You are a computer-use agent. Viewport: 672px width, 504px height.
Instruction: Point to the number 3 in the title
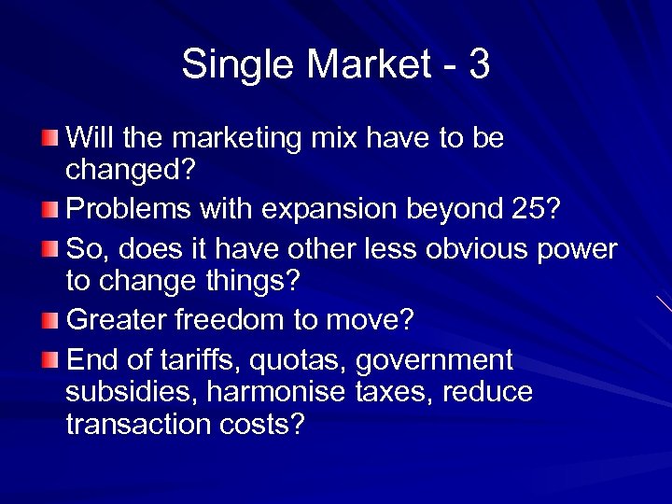pos(479,65)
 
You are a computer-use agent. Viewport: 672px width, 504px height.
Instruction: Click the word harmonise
pos(266,392)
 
